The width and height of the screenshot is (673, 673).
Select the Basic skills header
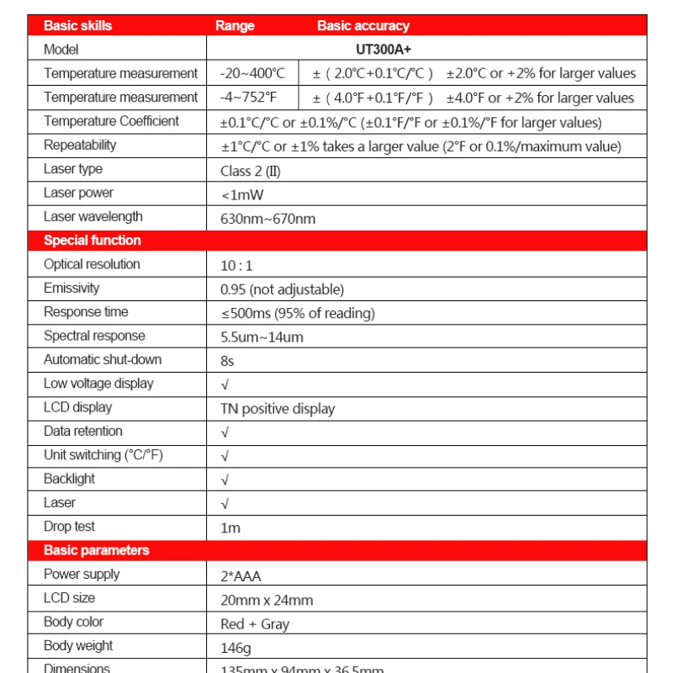[77, 25]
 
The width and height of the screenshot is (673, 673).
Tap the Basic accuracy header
[363, 25]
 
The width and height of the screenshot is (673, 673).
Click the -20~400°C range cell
[252, 74]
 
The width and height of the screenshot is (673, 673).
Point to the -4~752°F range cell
[250, 98]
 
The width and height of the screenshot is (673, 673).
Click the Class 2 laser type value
[250, 171]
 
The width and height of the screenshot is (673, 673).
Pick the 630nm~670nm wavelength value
[268, 219]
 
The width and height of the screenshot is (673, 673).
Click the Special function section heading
[93, 241]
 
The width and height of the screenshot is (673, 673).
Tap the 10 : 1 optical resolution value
[236, 266]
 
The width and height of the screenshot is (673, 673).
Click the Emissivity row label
[72, 288]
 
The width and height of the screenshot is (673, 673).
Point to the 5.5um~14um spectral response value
[262, 337]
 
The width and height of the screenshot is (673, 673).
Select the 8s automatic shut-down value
[227, 361]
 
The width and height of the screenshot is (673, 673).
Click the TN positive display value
[278, 409]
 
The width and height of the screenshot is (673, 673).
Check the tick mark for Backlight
[225, 480]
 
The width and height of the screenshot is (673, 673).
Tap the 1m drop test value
[231, 528]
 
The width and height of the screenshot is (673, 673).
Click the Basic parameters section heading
[96, 550]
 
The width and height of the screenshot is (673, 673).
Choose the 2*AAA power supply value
[241, 576]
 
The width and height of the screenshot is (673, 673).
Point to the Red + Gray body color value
[254, 624]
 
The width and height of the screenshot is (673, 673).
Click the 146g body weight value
[236, 648]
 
